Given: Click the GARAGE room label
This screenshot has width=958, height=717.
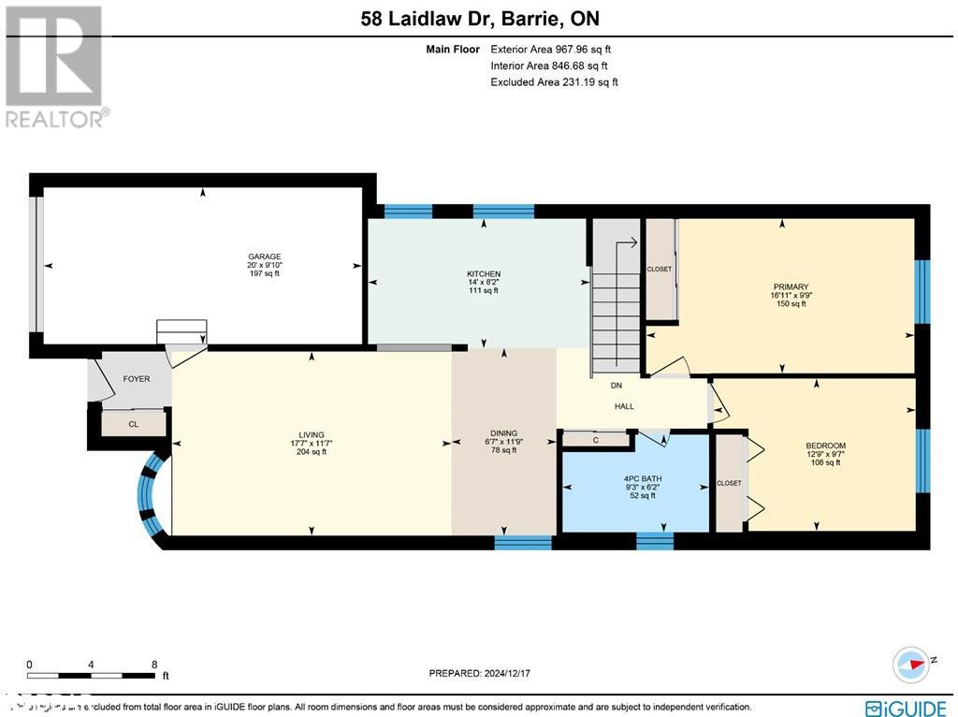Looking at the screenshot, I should [x=264, y=256].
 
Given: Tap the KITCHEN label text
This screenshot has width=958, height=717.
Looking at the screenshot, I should [x=484, y=274].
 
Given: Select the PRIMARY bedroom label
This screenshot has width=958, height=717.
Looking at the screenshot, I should [x=791, y=287].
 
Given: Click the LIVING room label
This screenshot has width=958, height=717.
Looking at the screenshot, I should [x=312, y=435].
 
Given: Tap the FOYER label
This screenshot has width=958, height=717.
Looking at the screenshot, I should [x=137, y=380].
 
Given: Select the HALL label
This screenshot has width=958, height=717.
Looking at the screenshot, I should [x=624, y=406].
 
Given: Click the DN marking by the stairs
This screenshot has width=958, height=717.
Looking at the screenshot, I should [x=616, y=385].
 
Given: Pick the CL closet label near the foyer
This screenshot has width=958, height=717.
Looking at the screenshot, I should [x=134, y=424].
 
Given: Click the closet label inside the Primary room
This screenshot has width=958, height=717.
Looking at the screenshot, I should [x=660, y=269].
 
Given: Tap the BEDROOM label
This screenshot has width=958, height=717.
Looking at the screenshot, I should [x=825, y=446].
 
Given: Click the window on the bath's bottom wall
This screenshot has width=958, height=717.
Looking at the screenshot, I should [x=654, y=541].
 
